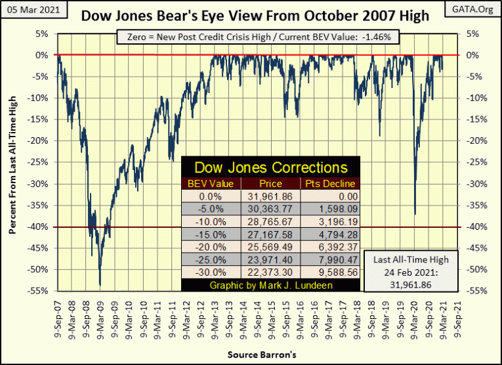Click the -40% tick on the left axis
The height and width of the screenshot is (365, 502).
(41, 227)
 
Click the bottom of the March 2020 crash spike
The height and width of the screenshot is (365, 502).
(415, 214)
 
